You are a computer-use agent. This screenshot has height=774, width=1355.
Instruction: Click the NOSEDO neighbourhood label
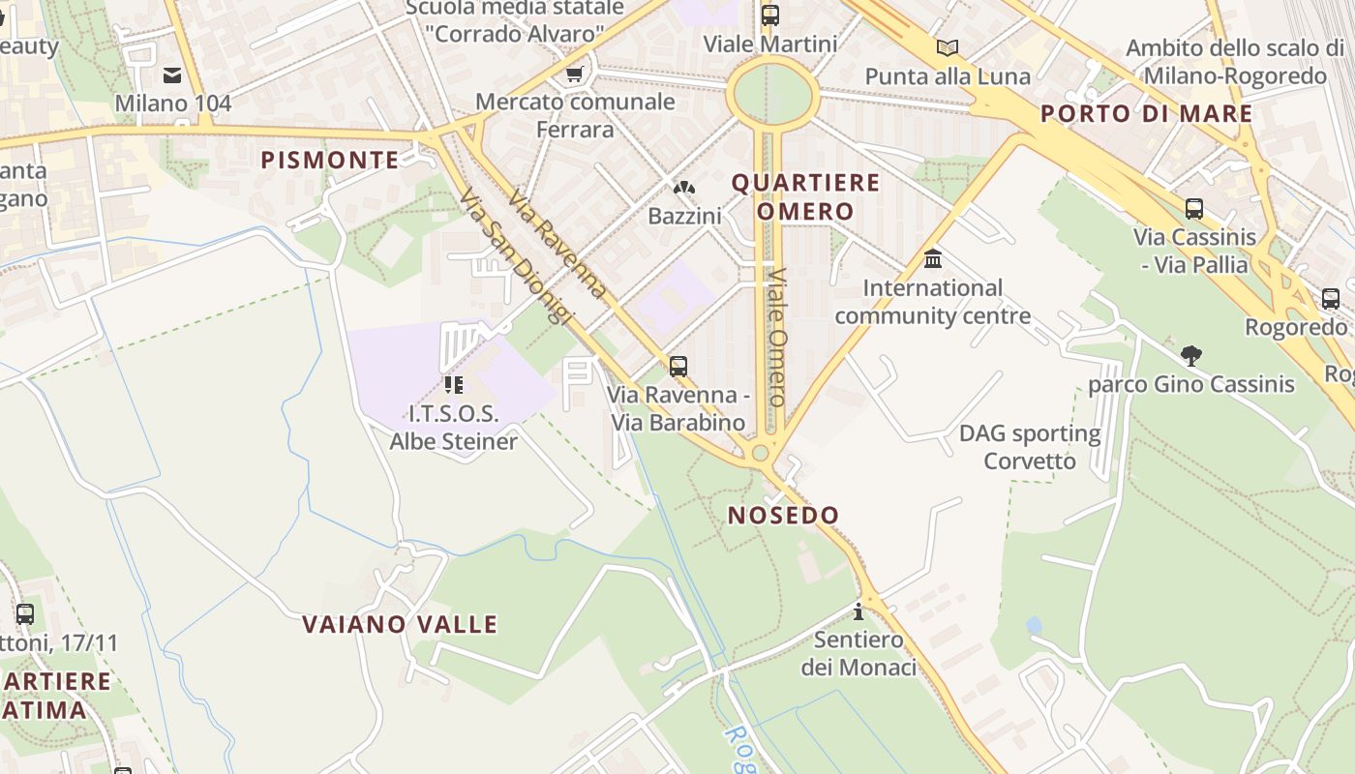pyautogui.click(x=783, y=515)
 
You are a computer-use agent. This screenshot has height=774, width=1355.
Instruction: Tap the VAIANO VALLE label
pyautogui.click(x=400, y=624)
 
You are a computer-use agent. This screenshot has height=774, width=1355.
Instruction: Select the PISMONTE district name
pyautogui.click(x=330, y=160)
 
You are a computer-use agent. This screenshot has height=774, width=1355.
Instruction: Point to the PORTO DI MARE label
pyautogui.click(x=1146, y=113)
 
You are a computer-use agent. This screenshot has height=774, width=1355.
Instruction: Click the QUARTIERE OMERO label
pyautogui.click(x=805, y=196)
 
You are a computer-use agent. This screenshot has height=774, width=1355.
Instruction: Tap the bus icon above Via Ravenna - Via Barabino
pyautogui.click(x=678, y=367)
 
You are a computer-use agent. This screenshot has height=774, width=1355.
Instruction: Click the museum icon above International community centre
pyautogui.click(x=933, y=258)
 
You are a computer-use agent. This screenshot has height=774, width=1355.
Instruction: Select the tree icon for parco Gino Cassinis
pyautogui.click(x=1191, y=356)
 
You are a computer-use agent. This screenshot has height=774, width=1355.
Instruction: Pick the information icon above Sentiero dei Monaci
pyautogui.click(x=858, y=611)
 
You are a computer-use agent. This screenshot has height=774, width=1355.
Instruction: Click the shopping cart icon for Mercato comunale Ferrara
pyautogui.click(x=575, y=74)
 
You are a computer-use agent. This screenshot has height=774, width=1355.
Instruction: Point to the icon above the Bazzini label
pyautogui.click(x=684, y=188)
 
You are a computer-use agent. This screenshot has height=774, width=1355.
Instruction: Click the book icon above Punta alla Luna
pyautogui.click(x=947, y=47)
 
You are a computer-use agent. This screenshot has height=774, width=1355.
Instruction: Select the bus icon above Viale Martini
pyautogui.click(x=770, y=15)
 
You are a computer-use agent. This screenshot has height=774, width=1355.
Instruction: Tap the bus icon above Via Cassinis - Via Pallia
pyautogui.click(x=1194, y=208)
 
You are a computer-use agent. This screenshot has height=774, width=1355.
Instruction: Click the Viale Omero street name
pyautogui.click(x=777, y=336)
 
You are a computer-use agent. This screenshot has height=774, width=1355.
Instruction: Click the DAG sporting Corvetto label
pyautogui.click(x=1030, y=447)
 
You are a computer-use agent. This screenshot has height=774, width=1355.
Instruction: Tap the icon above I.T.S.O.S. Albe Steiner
pyautogui.click(x=453, y=385)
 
